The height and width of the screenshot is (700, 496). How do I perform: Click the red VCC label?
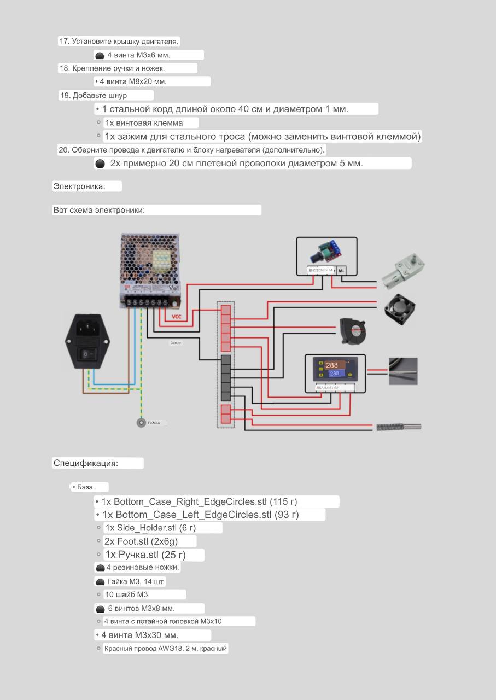click(x=176, y=317)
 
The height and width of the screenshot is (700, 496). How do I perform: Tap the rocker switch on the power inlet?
click(x=85, y=354)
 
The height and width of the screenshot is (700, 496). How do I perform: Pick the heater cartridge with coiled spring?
click(x=399, y=427)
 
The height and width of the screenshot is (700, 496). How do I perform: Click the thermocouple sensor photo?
click(x=403, y=371)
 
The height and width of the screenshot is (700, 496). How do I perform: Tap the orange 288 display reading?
click(x=332, y=365)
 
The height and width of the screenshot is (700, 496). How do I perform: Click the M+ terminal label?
click(x=341, y=270)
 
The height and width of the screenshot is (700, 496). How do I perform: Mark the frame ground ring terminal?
click(x=141, y=422)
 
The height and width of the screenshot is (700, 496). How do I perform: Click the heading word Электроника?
click(x=79, y=186)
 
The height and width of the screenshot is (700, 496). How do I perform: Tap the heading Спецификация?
click(x=85, y=463)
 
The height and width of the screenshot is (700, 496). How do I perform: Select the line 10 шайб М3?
click(x=126, y=594)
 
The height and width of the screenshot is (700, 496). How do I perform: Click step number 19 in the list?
click(x=65, y=96)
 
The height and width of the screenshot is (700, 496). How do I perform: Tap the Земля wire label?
click(x=176, y=343)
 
